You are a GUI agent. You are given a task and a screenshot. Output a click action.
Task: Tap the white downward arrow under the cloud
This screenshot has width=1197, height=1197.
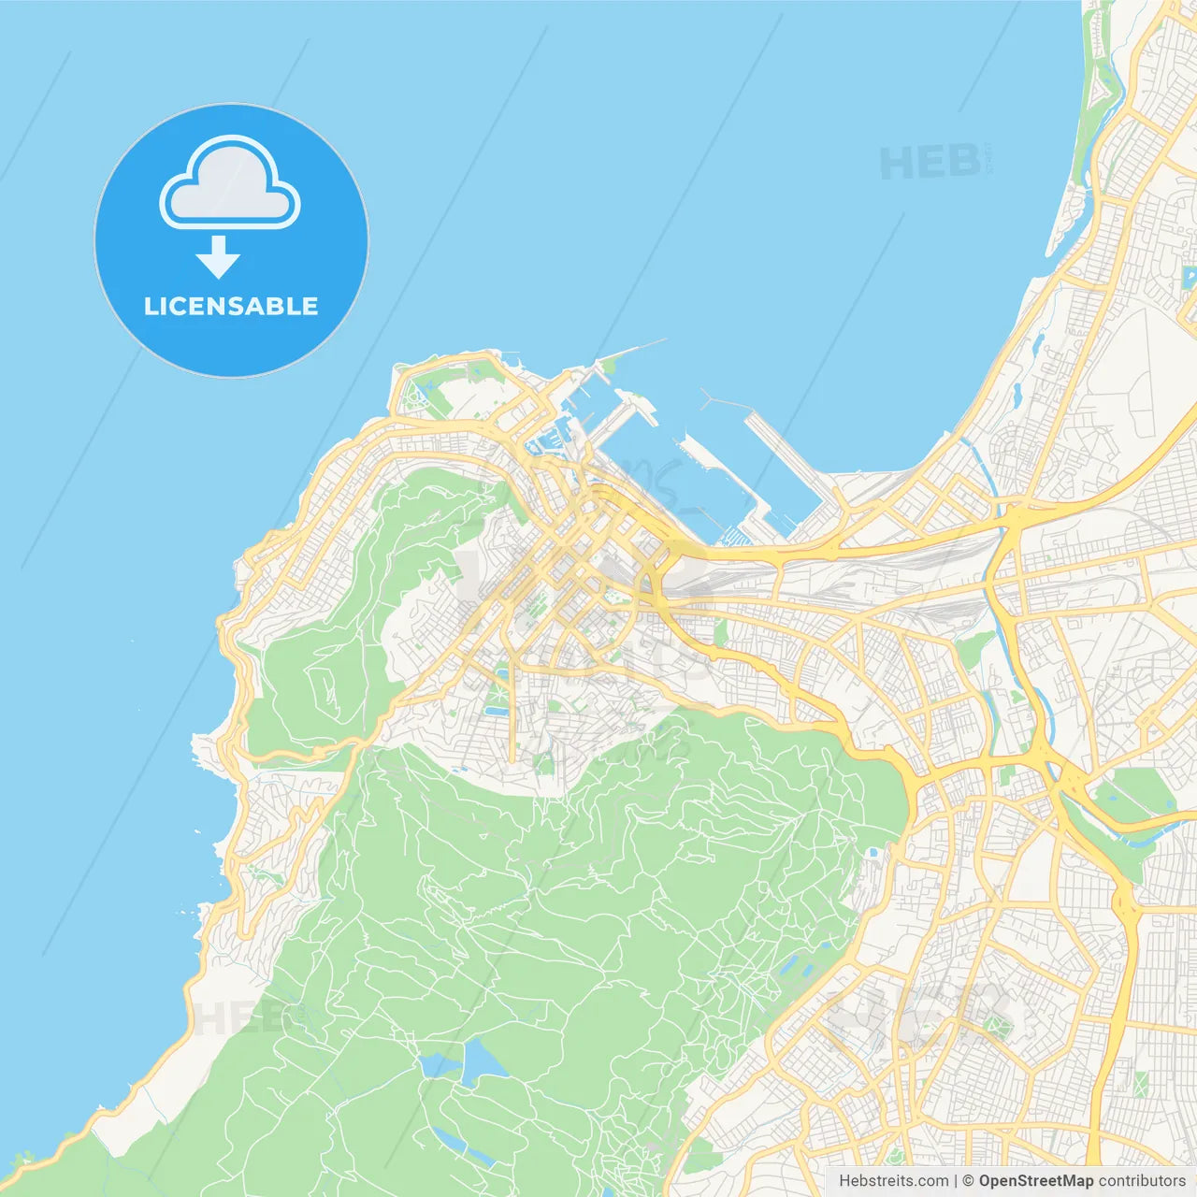coord(218,256)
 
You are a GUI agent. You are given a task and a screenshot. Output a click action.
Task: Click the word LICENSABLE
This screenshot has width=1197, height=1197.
coord(230,306)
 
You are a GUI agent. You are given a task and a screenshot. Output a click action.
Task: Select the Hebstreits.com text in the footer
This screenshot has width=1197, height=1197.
coord(893,1181)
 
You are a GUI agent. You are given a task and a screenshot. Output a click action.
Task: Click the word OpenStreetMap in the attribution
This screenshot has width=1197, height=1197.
coord(1035,1181)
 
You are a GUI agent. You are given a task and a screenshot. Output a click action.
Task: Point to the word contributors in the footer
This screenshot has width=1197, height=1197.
coord(1142,1181)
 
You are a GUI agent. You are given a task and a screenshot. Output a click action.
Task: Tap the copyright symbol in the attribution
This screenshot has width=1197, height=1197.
coord(968,1181)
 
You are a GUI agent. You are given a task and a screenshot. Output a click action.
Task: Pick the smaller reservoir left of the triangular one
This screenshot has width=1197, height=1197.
coord(434,1065)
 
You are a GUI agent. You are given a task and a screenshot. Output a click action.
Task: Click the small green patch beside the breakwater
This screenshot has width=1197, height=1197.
coord(610,361)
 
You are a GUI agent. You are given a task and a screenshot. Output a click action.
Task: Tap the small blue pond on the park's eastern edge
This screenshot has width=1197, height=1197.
coord(873,853)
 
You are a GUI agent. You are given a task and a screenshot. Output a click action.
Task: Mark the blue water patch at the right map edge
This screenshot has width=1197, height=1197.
coord(1190,278)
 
